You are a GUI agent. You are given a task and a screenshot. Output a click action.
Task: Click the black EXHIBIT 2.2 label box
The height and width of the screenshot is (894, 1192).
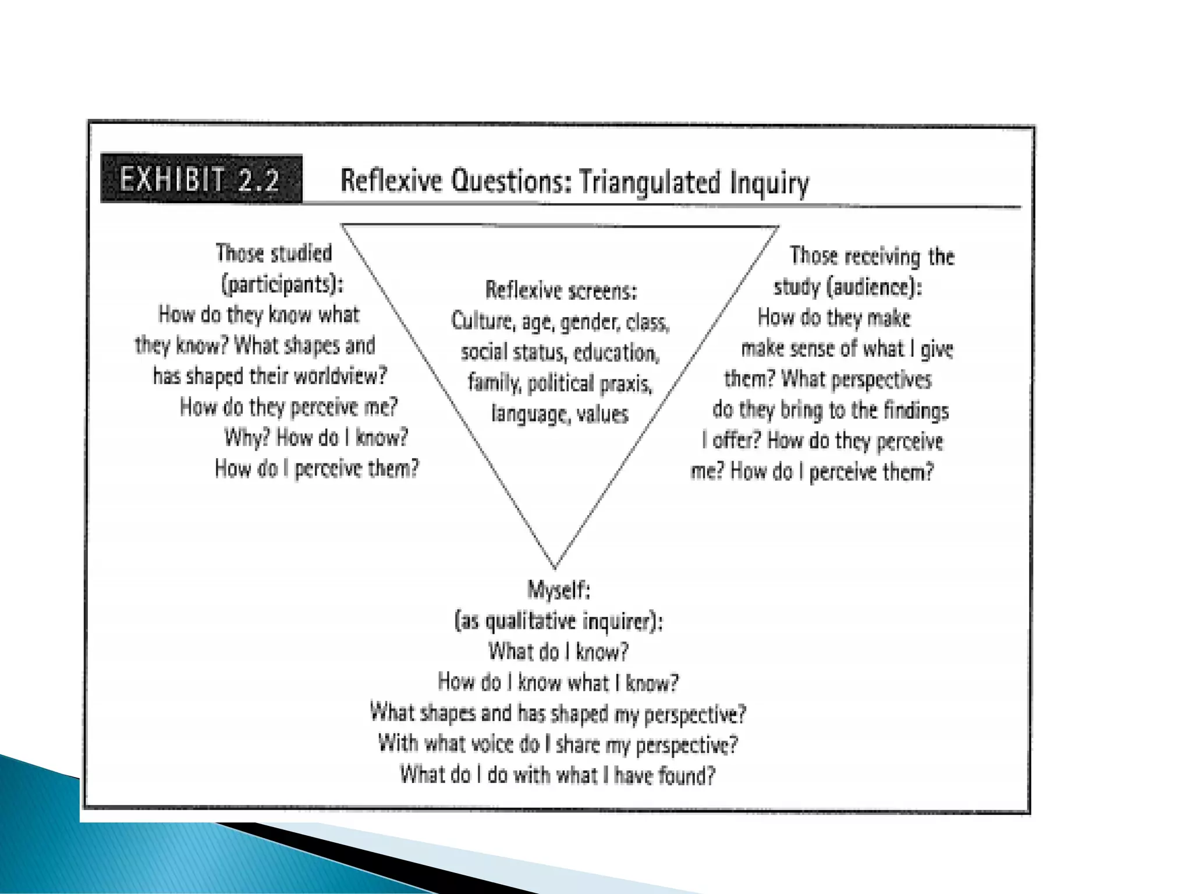pos(201,179)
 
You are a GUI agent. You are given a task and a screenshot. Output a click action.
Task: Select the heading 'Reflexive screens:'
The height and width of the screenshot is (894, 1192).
pos(561,290)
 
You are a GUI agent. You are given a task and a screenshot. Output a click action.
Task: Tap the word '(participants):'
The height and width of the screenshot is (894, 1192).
pos(282,285)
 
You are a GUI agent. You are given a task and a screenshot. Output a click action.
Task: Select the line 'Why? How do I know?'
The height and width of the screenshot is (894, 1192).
pos(316,437)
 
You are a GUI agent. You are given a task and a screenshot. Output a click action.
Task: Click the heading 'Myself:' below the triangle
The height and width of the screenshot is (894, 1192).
pos(559,590)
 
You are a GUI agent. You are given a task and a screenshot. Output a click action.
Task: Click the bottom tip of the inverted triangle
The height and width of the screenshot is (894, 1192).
pos(555,567)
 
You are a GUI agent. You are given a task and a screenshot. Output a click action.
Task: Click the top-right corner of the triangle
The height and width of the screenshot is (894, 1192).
pos(778,228)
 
